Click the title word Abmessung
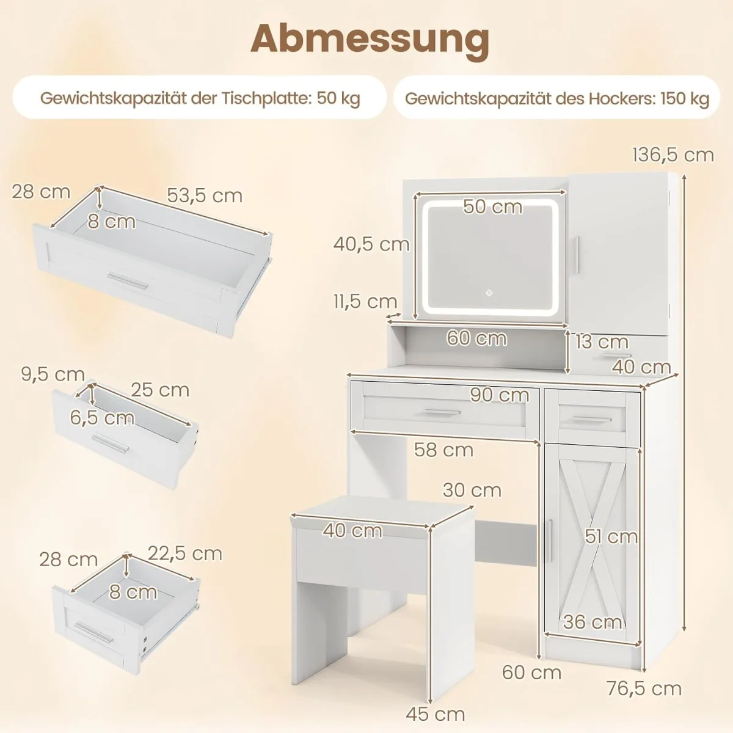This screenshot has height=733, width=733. pyautogui.click(x=370, y=38)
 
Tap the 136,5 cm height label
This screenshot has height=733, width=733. pyautogui.click(x=673, y=155)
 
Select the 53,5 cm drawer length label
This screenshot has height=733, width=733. pyautogui.click(x=205, y=195)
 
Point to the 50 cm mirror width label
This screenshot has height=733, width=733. pyautogui.click(x=492, y=206)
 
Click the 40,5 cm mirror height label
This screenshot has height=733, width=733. pyautogui.click(x=371, y=244)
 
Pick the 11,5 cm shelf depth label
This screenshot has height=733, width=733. pyautogui.click(x=365, y=301)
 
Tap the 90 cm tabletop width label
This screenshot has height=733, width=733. pyautogui.click(x=499, y=395)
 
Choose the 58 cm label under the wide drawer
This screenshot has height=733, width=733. pyautogui.click(x=443, y=450)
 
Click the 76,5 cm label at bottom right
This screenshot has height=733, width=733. pyautogui.click(x=644, y=688)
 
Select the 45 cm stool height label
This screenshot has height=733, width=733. pyautogui.click(x=436, y=713)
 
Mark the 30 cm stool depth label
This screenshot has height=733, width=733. pyautogui.click(x=472, y=490)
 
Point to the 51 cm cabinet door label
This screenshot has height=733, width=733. pyautogui.click(x=611, y=536)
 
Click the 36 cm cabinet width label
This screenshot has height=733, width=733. pyautogui.click(x=593, y=622)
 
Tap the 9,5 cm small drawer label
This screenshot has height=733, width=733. pyautogui.click(x=53, y=374)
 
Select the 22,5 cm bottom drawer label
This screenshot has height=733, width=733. pyautogui.click(x=184, y=553)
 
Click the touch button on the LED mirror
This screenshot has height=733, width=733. pyautogui.click(x=489, y=293)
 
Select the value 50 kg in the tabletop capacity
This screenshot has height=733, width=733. pyautogui.click(x=338, y=98)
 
